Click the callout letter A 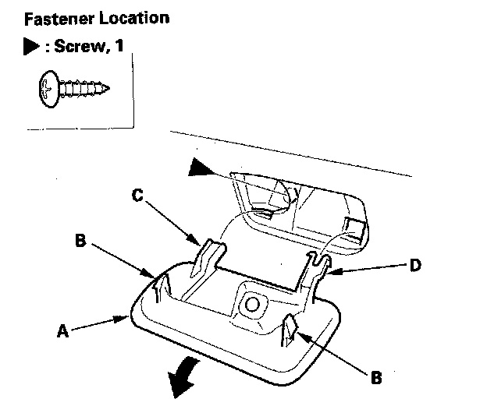coord(62,330)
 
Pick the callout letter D coord(416,266)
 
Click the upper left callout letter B coord(79,240)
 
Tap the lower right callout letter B coord(375,377)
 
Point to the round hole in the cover coord(251,305)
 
